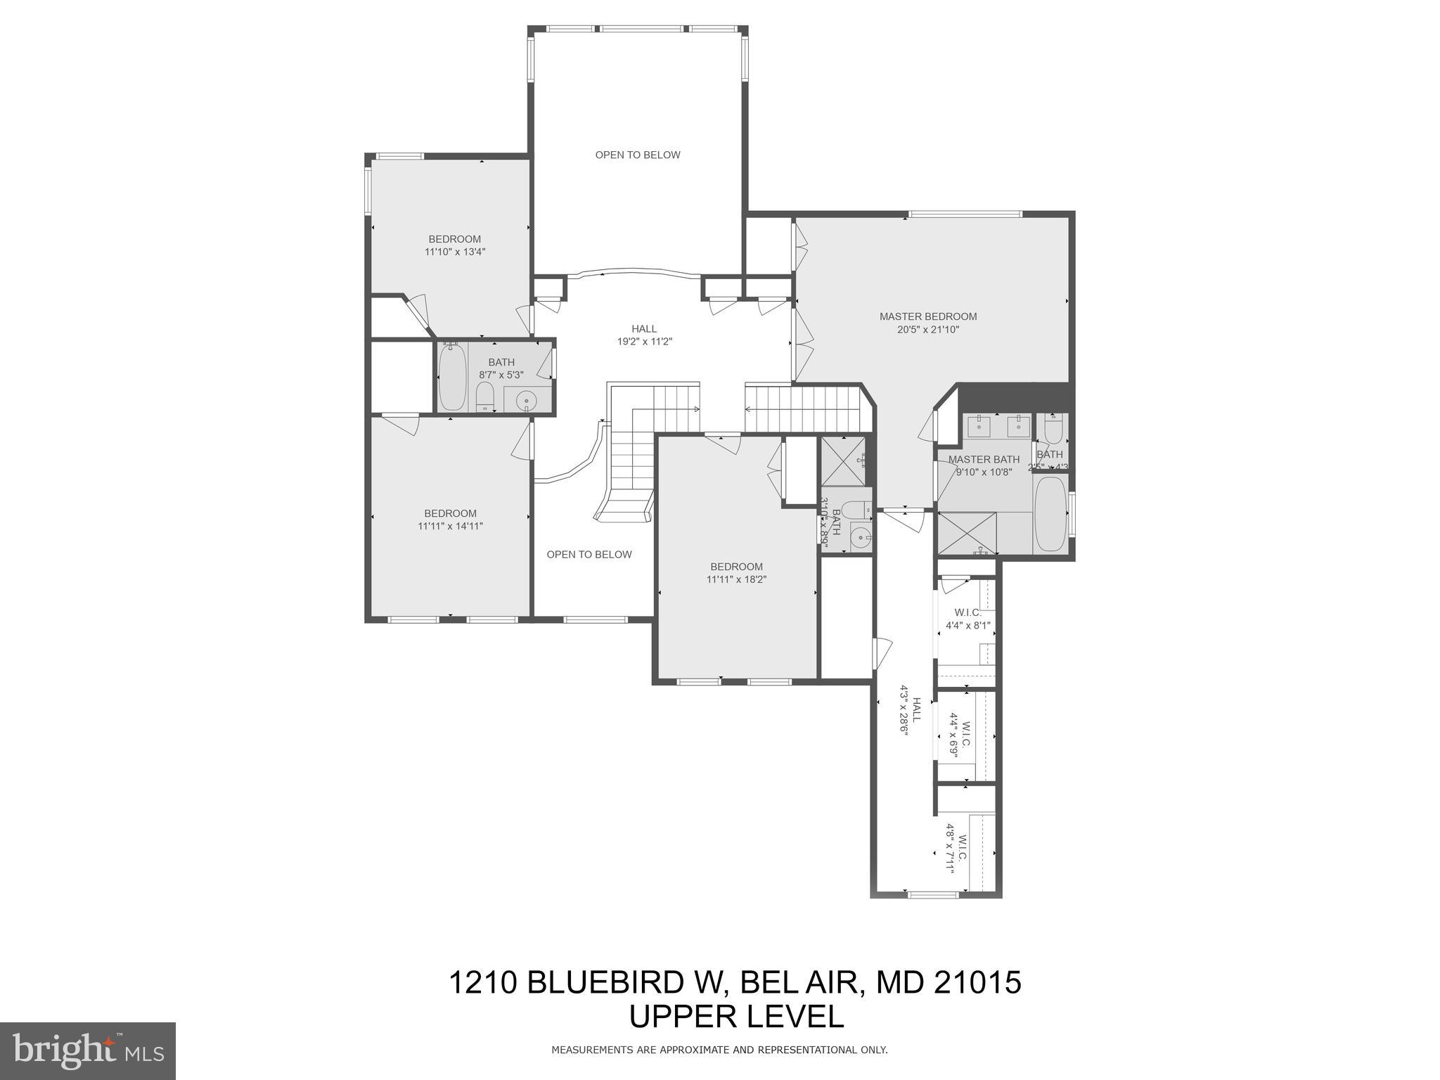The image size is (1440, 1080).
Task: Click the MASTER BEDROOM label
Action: pyautogui.click(x=928, y=316)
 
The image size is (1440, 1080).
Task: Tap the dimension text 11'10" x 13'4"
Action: pyautogui.click(x=455, y=252)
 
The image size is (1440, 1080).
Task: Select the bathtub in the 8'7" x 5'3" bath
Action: pyautogui.click(x=451, y=377)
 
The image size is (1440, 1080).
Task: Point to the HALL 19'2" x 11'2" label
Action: pyautogui.click(x=644, y=335)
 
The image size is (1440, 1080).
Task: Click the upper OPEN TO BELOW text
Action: pyautogui.click(x=638, y=155)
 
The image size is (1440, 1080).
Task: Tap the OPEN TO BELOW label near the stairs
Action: pyautogui.click(x=589, y=554)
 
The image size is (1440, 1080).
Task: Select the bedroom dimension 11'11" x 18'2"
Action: pyautogui.click(x=736, y=579)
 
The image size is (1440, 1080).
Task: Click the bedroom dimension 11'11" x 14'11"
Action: pyautogui.click(x=450, y=526)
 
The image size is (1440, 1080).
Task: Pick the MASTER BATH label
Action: pyautogui.click(x=983, y=460)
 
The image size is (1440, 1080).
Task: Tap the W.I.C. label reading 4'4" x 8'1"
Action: pyautogui.click(x=967, y=619)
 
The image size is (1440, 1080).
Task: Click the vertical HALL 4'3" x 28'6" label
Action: pyautogui.click(x=910, y=715)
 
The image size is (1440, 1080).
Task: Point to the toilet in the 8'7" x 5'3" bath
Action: pyautogui.click(x=485, y=396)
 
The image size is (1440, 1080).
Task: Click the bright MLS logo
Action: pyautogui.click(x=88, y=1050)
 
